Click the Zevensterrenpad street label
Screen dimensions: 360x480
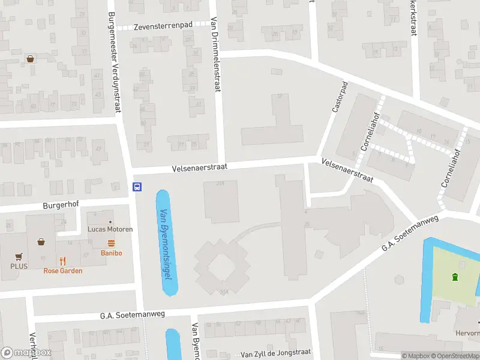[163, 26]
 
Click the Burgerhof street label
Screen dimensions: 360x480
[61, 205]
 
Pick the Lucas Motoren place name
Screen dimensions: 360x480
[110, 229]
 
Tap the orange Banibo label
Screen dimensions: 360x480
[111, 253]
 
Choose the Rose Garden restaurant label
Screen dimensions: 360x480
[63, 271]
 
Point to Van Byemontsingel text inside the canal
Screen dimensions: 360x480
[165, 243]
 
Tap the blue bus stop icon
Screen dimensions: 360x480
[137, 187]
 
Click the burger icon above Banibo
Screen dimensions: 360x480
[111, 243]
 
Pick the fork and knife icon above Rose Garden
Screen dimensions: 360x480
[63, 261]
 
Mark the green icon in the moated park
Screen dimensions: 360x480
[455, 277]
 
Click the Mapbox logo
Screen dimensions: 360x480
[26, 353]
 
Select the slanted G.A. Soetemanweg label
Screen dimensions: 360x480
[411, 233]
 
